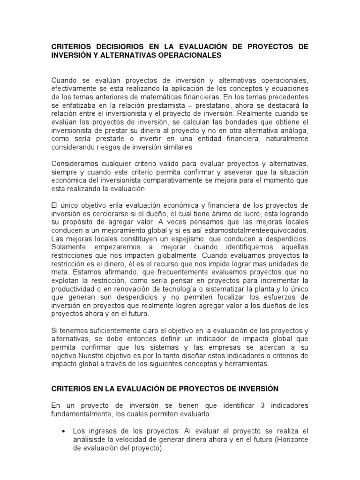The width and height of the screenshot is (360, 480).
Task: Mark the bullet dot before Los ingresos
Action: click(63, 431)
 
